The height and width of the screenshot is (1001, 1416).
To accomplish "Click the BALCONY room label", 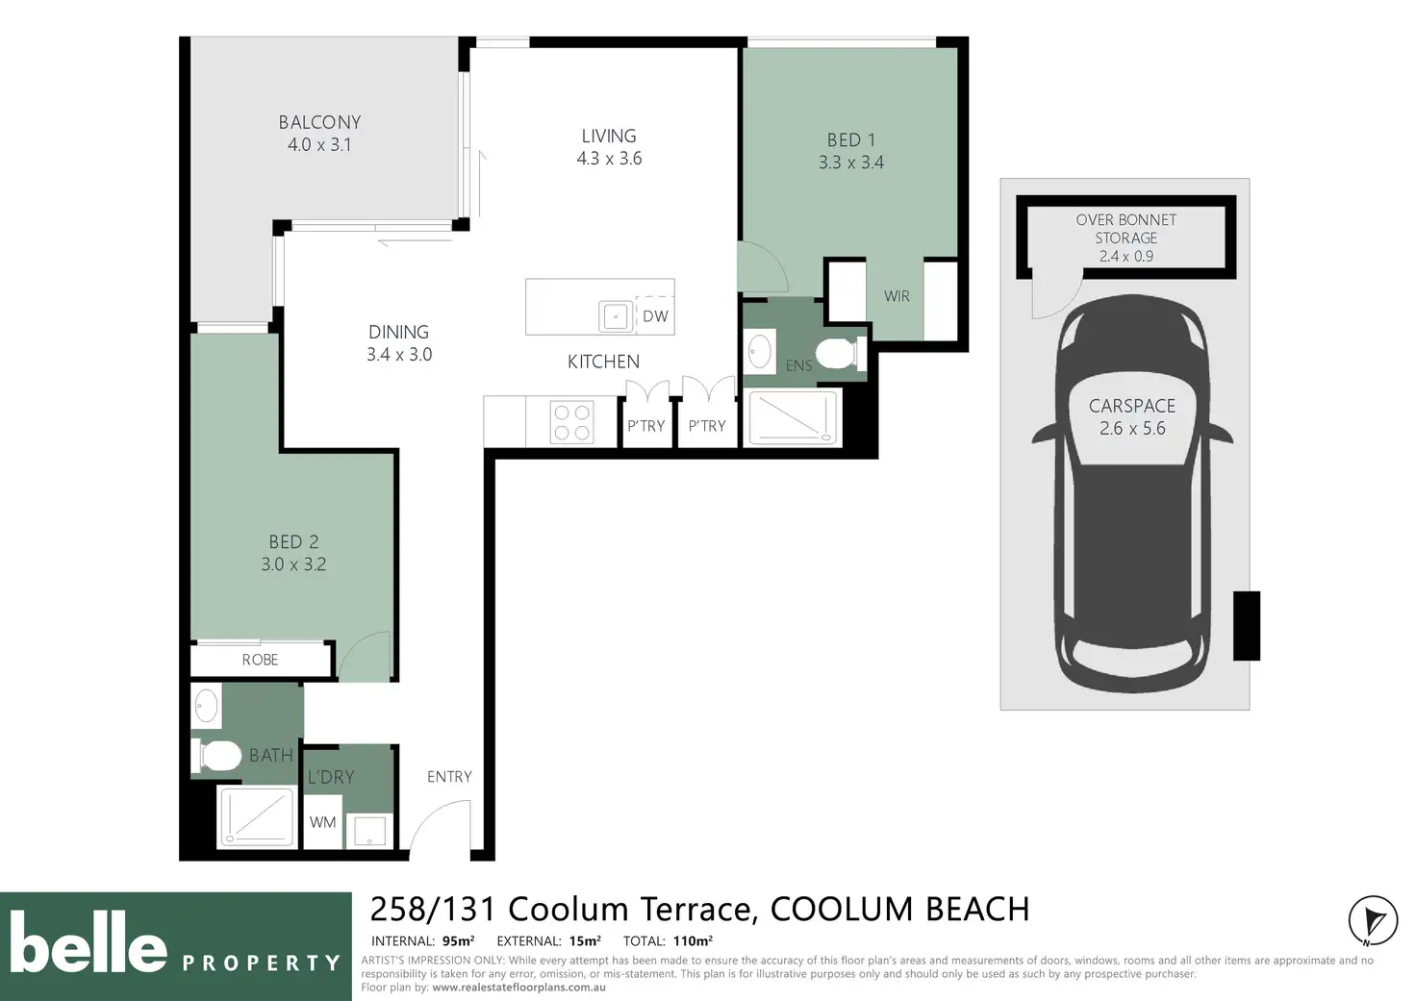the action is pos(320,122).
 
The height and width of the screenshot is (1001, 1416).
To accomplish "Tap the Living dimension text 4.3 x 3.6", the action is pos(609,158).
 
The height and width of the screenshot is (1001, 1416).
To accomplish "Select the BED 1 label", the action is pos(851,139).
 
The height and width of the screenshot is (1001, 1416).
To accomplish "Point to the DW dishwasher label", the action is pos(655,316).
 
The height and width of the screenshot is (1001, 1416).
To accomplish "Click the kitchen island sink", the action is pos(616,316).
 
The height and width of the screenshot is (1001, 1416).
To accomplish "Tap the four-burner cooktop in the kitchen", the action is pos(572,422).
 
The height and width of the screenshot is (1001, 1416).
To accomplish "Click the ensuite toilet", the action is pos(841,354).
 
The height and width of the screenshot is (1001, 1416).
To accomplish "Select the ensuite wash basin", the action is pos(760,351).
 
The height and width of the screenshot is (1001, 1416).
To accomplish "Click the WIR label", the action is pos(897,296).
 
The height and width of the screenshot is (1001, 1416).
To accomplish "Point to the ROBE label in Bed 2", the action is pos(260,660).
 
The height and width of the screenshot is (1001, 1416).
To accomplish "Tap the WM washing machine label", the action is pos(322,822).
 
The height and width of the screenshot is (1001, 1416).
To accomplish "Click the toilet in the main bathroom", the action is pos(216,756).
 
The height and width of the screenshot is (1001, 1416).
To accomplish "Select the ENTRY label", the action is pos(449,777).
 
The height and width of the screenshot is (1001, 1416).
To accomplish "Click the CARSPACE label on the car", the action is pos(1131,406).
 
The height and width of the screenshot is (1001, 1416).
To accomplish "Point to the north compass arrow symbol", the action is pos(1373,921).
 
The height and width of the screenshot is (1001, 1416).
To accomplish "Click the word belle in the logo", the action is pos(88,941).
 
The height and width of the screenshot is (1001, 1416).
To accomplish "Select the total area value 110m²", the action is pos(693,941).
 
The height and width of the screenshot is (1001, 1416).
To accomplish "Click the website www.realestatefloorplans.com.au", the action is pos(518,988).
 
